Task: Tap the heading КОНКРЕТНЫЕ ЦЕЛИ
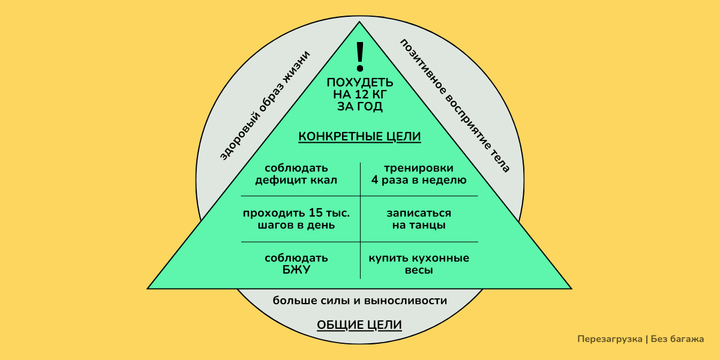click(359, 137)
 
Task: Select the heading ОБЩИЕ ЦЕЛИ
click(359, 325)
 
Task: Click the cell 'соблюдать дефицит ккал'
click(296, 174)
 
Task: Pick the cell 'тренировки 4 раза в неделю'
click(419, 174)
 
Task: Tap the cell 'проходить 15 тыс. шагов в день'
click(296, 220)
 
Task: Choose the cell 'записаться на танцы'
click(419, 220)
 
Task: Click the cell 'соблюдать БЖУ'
click(296, 264)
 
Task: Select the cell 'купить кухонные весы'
click(419, 264)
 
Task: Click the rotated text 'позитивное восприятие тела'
click(455, 106)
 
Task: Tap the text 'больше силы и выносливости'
click(360, 301)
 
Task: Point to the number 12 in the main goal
click(365, 94)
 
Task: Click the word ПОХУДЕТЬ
click(360, 82)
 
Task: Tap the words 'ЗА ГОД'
click(360, 106)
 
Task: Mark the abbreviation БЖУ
click(296, 270)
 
